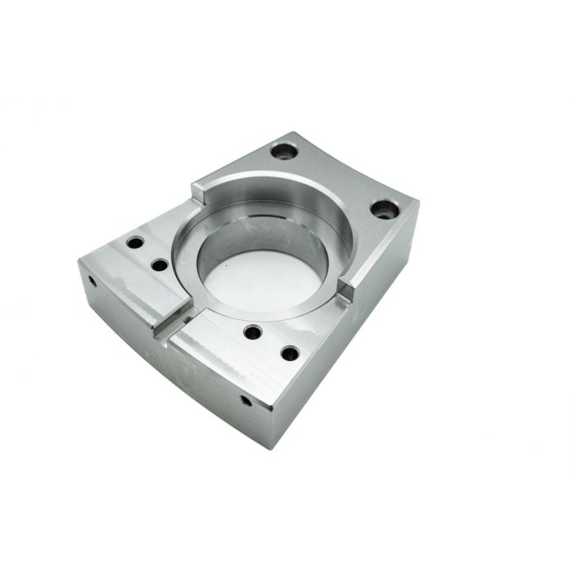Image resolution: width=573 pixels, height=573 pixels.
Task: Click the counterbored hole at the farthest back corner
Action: pyautogui.click(x=285, y=151)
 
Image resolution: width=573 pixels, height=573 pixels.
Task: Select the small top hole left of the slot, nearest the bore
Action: pyautogui.click(x=160, y=265)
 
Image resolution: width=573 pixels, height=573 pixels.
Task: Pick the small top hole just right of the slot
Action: pyautogui.click(x=253, y=332)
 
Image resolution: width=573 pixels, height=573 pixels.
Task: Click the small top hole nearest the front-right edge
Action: pyautogui.click(x=290, y=354)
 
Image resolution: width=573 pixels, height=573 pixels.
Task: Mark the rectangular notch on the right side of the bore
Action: pyautogui.click(x=346, y=288)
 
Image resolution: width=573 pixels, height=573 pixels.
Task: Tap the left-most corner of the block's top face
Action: pyautogui.click(x=79, y=260)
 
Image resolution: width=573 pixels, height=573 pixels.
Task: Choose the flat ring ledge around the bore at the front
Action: pyautogui.click(x=246, y=315)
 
